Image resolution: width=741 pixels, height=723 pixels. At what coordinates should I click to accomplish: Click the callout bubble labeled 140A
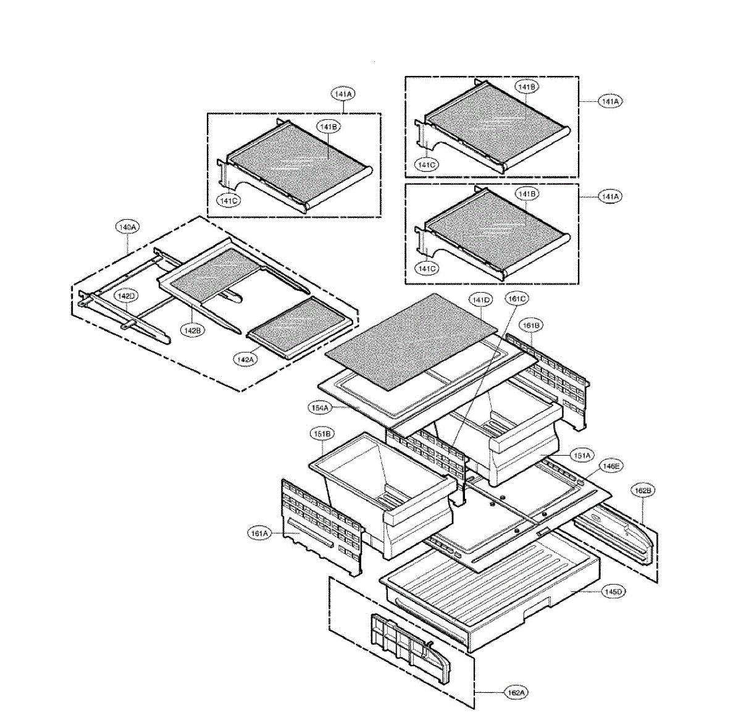(127, 227)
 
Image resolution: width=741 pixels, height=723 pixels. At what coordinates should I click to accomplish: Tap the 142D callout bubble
(125, 296)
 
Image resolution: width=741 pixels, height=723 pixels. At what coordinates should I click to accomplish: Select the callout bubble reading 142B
(192, 330)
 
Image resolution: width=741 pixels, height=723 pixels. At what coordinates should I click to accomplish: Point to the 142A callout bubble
(245, 359)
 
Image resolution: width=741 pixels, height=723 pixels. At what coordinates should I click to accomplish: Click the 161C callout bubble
(517, 299)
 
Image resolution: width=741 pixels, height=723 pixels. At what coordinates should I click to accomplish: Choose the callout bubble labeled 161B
(531, 324)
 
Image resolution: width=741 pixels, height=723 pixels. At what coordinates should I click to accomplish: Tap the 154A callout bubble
(320, 407)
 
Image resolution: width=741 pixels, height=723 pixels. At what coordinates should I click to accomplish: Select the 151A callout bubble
(580, 456)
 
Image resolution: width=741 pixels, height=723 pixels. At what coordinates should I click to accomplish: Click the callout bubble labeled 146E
(610, 467)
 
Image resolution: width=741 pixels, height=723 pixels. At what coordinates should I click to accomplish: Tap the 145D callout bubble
(614, 591)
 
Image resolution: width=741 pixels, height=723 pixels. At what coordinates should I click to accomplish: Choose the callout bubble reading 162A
(516, 693)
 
